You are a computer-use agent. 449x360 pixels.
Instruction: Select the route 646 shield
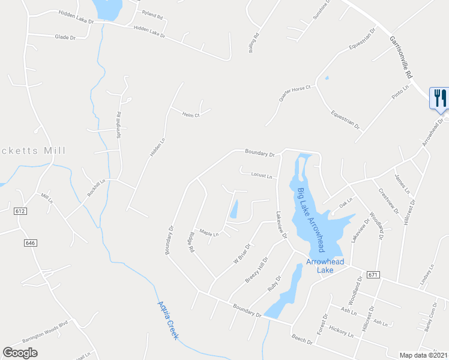click(31, 242)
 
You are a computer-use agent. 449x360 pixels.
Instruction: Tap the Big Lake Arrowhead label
click(311, 220)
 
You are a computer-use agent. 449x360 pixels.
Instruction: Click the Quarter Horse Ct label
click(294, 93)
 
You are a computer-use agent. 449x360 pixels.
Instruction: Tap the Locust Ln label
click(261, 176)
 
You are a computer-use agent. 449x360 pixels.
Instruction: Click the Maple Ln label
click(209, 233)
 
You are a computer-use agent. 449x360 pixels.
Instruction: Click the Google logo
click(20, 353)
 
